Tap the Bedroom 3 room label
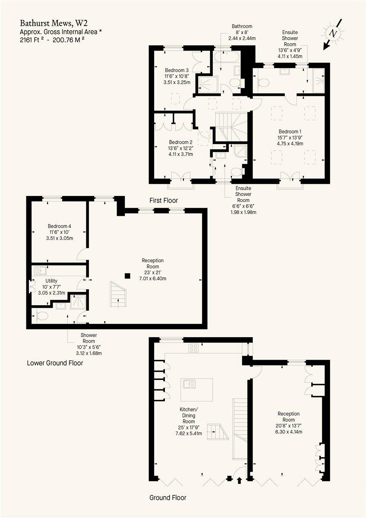tap(177, 70)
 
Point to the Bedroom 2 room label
tap(180, 142)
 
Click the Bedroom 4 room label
tap(60, 226)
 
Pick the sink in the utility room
tap(41, 271)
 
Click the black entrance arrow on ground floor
tap(240, 479)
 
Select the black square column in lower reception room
tap(127, 275)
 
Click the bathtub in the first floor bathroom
tap(225, 57)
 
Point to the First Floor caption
tap(164, 201)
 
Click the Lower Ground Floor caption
tap(55, 363)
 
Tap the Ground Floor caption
tap(168, 498)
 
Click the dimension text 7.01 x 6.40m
tap(152, 278)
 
